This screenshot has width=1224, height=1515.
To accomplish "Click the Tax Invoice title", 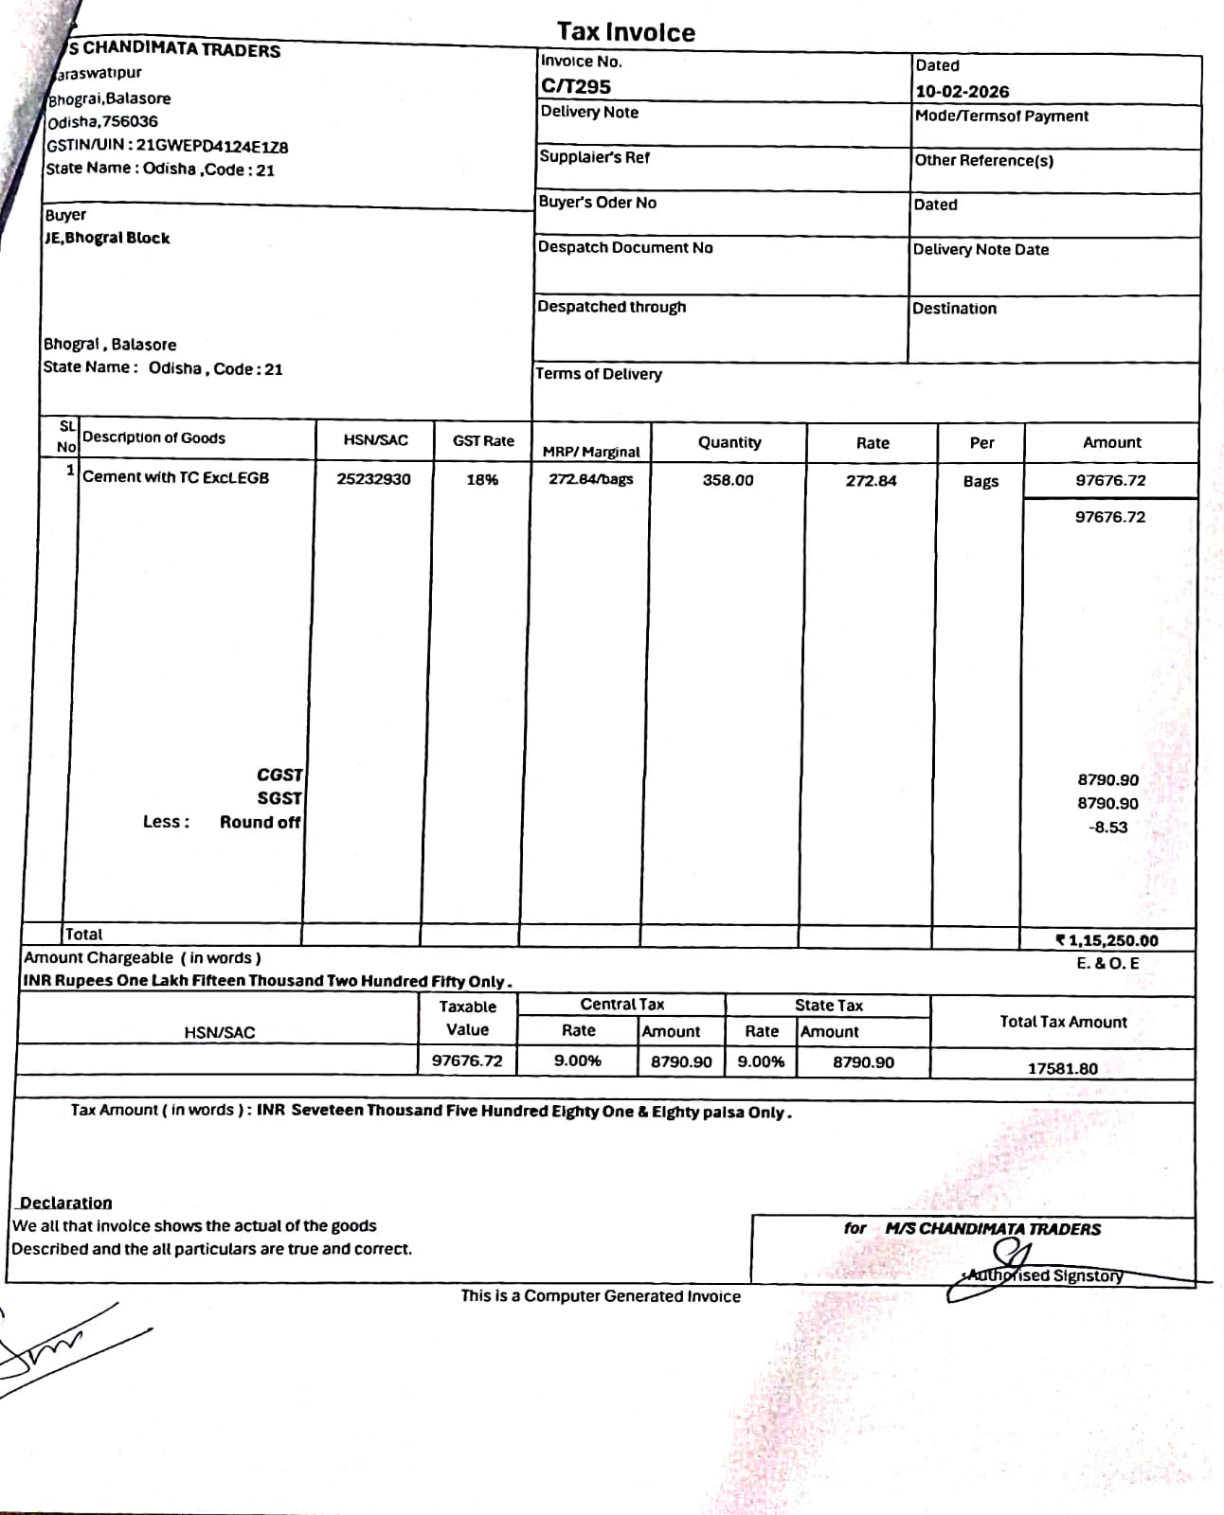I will pyautogui.click(x=625, y=32).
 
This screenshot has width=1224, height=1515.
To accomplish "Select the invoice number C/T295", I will pyautogui.click(x=576, y=86).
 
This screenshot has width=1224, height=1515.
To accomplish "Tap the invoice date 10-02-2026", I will pyautogui.click(x=962, y=92).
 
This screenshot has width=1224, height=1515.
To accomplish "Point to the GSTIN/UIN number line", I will pyautogui.click(x=168, y=146).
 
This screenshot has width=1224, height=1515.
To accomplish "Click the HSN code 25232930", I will pyautogui.click(x=373, y=479).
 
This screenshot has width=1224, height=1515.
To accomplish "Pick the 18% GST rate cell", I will pyautogui.click(x=482, y=480).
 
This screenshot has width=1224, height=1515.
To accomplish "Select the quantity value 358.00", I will pyautogui.click(x=728, y=480).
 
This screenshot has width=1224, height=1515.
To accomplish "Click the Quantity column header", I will pyautogui.click(x=729, y=442).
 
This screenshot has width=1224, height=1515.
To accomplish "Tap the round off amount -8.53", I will pyautogui.click(x=1107, y=827).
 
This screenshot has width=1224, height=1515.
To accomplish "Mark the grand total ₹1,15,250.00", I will pyautogui.click(x=1107, y=940).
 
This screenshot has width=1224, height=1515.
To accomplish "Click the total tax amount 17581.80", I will pyautogui.click(x=1063, y=1068).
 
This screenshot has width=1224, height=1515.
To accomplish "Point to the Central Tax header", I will pyautogui.click(x=621, y=1005).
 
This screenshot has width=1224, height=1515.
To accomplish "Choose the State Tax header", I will pyautogui.click(x=829, y=1006).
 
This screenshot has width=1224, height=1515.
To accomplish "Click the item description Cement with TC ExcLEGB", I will pyautogui.click(x=176, y=477).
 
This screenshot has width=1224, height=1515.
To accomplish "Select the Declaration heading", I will pyautogui.click(x=66, y=1203).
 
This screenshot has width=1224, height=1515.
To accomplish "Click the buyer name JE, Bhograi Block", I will pyautogui.click(x=107, y=238).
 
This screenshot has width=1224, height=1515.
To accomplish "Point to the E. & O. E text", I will pyautogui.click(x=1107, y=964).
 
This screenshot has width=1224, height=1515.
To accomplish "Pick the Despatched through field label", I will pyautogui.click(x=612, y=307).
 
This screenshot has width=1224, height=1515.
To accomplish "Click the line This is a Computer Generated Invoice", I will pyautogui.click(x=601, y=1296).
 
